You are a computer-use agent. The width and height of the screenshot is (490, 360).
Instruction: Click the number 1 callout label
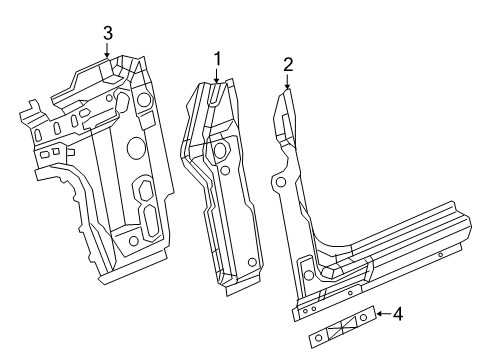[216, 60]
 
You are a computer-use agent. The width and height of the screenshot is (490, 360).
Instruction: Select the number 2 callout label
[288, 66]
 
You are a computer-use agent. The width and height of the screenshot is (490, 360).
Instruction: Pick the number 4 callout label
[397, 315]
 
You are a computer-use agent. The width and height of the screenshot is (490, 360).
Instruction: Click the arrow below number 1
[216, 76]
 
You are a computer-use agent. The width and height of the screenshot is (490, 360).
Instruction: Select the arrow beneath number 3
[108, 52]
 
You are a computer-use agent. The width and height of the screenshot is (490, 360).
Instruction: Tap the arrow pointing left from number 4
[382, 316]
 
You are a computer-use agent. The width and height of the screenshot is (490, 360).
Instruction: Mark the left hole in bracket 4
[319, 338]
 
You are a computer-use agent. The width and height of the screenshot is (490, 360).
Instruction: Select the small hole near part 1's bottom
[252, 262]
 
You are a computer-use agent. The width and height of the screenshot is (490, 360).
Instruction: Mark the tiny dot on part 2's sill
[441, 255]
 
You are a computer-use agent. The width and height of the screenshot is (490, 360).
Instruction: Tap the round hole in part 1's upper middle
[219, 152]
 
